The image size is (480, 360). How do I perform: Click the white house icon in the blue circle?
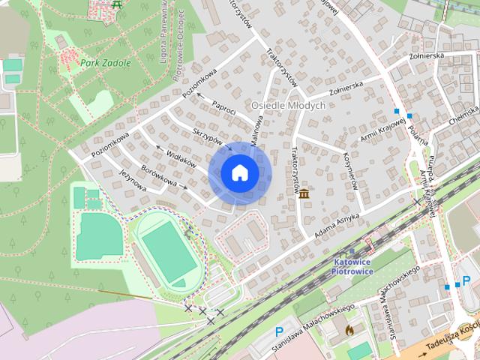pyautogui.click(x=239, y=172)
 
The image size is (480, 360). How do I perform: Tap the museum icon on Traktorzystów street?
pyautogui.click(x=304, y=195)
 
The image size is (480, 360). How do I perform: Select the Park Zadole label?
pyautogui.click(x=104, y=63)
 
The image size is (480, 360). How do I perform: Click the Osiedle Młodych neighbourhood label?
pyautogui.click(x=289, y=106)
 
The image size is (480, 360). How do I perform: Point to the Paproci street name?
pyautogui.click(x=223, y=107)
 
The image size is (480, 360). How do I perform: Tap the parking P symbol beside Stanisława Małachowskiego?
pyautogui.click(x=280, y=331)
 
